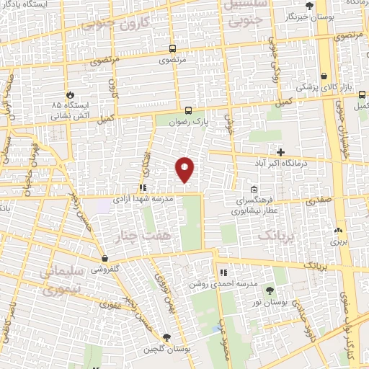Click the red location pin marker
185,168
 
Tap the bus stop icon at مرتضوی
172,49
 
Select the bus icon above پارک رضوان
188,110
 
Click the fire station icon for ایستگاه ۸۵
70,94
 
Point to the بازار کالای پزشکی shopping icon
324,75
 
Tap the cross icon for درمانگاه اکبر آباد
280,152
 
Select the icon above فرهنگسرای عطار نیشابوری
253,190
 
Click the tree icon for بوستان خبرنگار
310,6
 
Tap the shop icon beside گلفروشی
105,257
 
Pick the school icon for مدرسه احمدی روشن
223,273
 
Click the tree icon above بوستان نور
270,291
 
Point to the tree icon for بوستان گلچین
166,337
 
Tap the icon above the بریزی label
338,231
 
